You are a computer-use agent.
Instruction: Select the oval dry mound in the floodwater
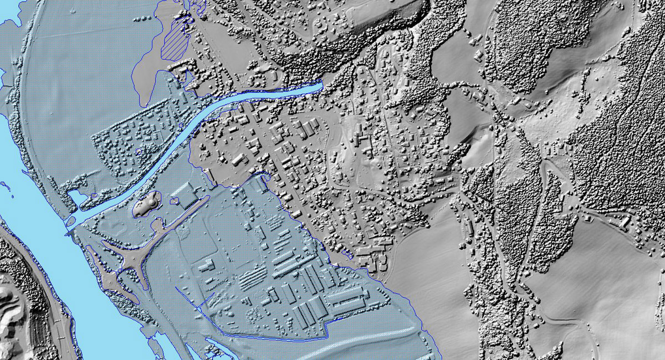[145, 205]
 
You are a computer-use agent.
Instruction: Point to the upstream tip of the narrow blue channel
[320, 86]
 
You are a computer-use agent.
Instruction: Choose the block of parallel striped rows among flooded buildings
[252, 277]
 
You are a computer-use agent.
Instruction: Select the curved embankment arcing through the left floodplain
[25, 111]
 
